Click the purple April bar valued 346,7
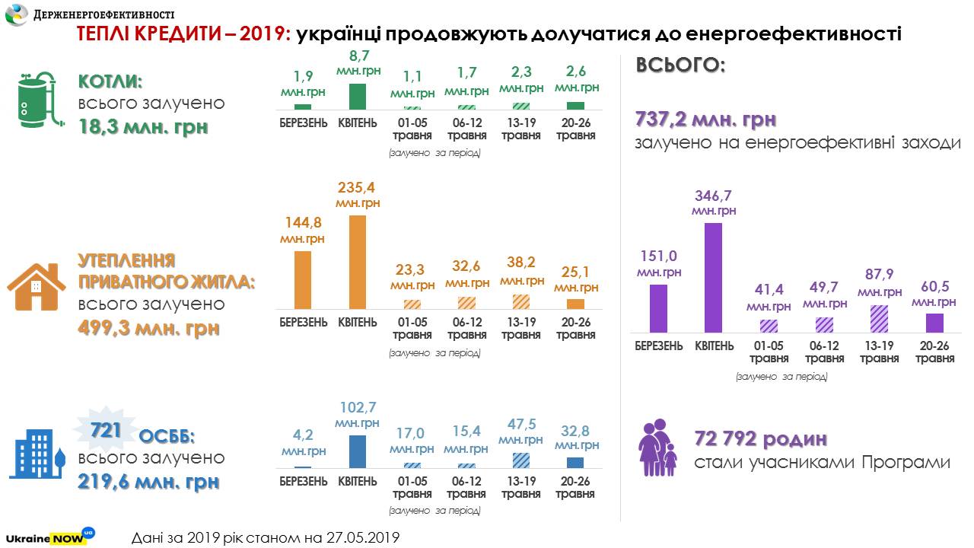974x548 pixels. pos(713,278)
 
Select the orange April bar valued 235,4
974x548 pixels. pos(358,263)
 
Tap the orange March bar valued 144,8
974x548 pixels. pos(302,280)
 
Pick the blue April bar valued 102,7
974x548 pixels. pos(358,451)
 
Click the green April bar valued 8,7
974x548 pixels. pos(358,97)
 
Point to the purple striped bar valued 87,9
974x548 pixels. pos(879,319)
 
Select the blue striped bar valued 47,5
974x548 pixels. pos(521,460)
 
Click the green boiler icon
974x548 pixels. pos(37,100)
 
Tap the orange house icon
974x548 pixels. pos(36,288)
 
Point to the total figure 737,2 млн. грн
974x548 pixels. pos(705,120)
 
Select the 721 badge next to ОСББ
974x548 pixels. pos(107,432)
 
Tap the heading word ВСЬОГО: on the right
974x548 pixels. pos(680,66)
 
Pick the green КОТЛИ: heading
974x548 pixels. pos(110,82)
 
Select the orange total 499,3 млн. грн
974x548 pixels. pos(148,328)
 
